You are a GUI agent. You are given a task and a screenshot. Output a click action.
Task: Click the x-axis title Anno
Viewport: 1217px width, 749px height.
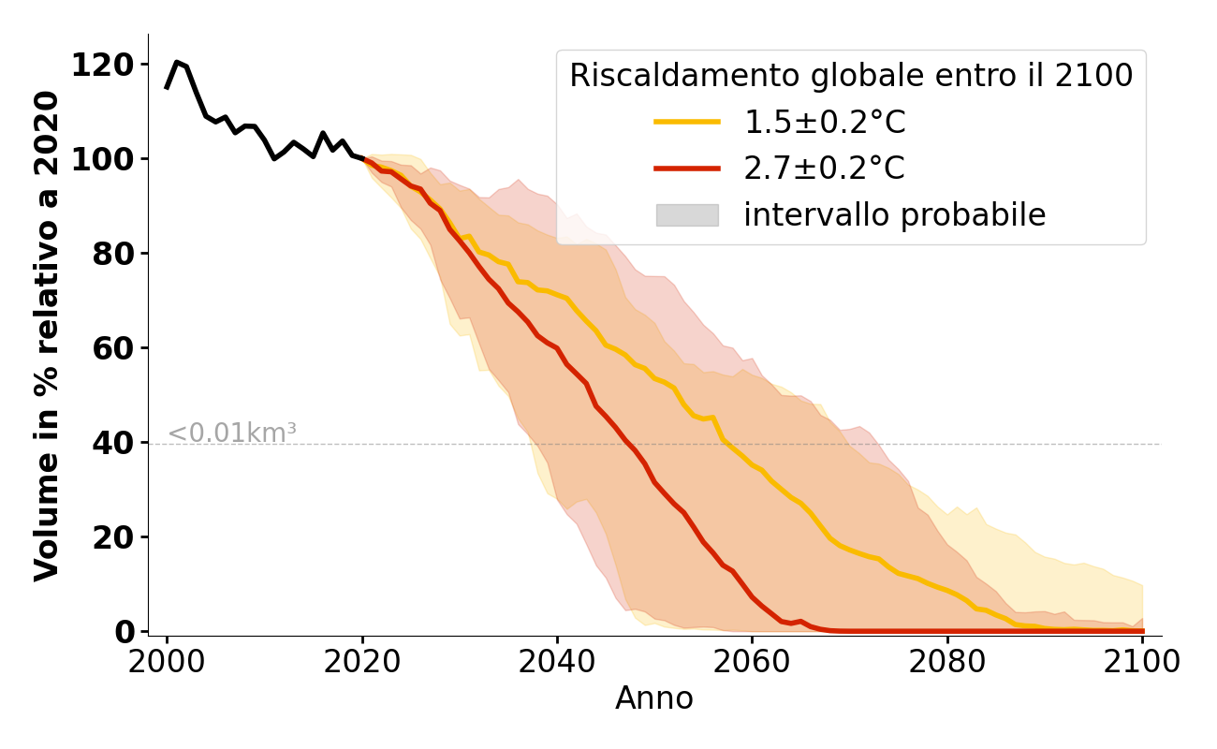point(654,698)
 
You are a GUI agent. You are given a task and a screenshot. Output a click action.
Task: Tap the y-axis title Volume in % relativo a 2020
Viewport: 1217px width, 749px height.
point(47,335)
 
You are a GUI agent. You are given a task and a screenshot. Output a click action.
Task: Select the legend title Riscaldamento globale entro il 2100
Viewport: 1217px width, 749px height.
point(851,76)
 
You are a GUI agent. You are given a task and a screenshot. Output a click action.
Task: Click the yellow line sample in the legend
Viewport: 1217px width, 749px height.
point(687,123)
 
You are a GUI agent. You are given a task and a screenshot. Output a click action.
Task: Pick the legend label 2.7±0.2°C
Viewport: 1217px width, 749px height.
point(824,169)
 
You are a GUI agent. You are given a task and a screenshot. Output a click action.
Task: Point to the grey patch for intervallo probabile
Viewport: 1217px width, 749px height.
point(687,215)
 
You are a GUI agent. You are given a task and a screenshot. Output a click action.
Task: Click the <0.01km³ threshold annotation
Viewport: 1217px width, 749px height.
point(231,433)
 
